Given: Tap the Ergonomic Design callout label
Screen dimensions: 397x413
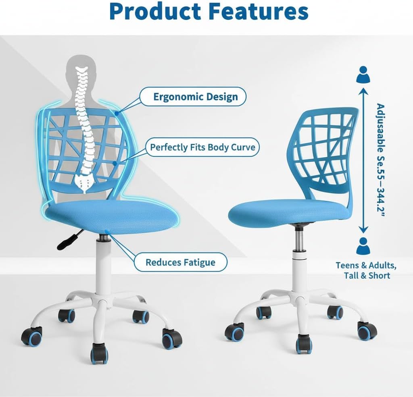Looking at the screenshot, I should pos(195,97).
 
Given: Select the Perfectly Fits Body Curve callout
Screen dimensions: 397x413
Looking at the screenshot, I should pos(202,147).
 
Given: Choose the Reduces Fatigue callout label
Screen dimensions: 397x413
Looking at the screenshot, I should pos(180,262).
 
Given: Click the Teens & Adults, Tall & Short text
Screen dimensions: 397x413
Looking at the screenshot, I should pos(367,270).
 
